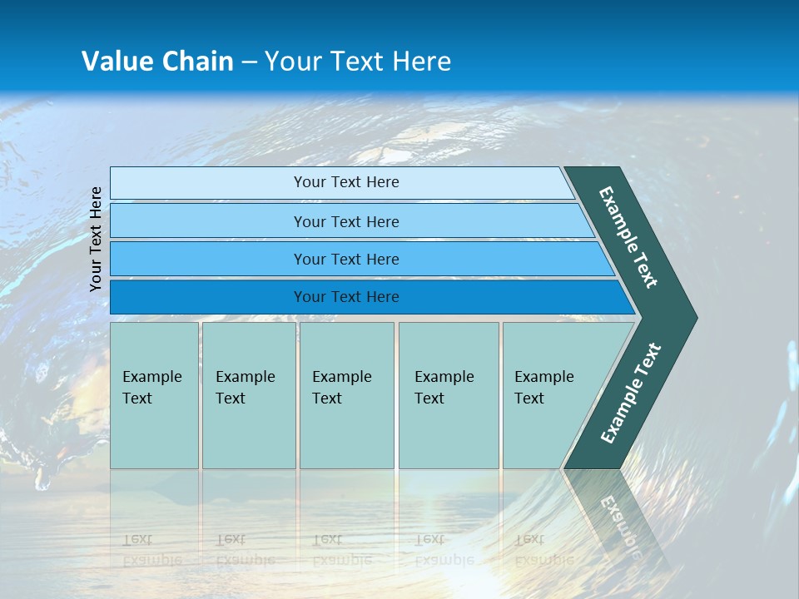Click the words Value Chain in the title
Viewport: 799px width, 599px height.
[157, 61]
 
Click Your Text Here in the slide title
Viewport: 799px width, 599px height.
[358, 61]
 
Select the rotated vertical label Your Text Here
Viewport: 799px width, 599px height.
[96, 239]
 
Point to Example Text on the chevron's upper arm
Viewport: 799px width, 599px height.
[628, 237]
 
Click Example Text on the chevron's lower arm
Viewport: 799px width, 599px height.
[630, 394]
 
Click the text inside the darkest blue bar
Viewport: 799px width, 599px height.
[346, 297]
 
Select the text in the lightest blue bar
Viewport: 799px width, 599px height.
[346, 182]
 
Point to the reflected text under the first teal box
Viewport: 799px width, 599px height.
[151, 549]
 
